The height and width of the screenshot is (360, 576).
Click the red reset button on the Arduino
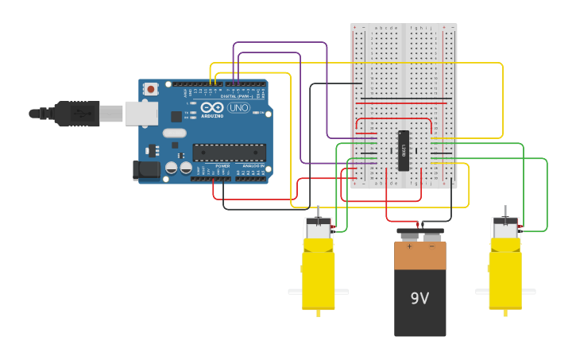coord(150,89)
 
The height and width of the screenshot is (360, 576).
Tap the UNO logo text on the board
coord(238,107)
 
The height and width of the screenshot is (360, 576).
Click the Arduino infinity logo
coord(212,107)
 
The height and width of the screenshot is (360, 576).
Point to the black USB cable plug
coord(76,114)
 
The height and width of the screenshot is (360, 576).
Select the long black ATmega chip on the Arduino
coord(230,153)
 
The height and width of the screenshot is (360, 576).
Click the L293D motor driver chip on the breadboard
coord(404,150)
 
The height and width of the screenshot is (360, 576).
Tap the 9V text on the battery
coord(419,298)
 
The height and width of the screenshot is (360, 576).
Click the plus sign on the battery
coord(409,246)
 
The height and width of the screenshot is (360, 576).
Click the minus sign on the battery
coord(431,246)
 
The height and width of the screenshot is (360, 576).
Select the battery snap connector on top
coord(420,234)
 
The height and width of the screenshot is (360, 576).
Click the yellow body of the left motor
coord(319,278)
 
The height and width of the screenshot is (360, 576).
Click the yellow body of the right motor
coord(505,278)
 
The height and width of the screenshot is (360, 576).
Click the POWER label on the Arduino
coord(222,165)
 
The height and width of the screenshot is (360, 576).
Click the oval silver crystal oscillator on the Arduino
coord(175,134)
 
